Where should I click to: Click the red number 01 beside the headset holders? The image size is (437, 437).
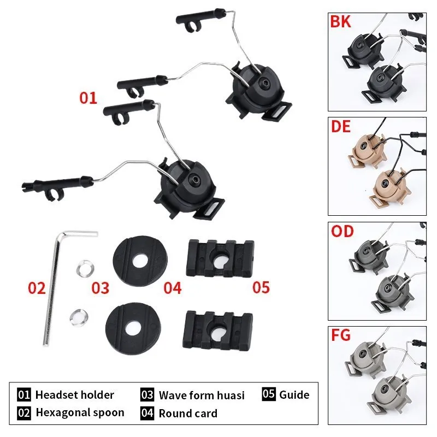click(x=88, y=98)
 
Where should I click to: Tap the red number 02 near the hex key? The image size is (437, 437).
click(x=37, y=288)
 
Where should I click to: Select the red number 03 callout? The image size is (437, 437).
click(x=101, y=288)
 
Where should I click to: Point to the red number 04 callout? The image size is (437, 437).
click(x=173, y=288)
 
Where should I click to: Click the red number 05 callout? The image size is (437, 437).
click(x=261, y=287)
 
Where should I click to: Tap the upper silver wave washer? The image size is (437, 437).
click(x=85, y=268)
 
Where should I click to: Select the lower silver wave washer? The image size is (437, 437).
click(x=79, y=317)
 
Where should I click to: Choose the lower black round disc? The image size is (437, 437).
click(x=133, y=328)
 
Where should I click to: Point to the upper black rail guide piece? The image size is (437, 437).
click(x=220, y=258)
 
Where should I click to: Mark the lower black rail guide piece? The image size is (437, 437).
click(x=217, y=330)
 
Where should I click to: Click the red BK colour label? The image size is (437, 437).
click(x=340, y=21)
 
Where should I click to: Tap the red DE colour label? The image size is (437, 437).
click(x=340, y=127)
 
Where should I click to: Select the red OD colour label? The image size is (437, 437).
click(x=342, y=231)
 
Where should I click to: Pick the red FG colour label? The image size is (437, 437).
click(x=340, y=335)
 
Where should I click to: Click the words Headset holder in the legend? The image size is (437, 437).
click(x=75, y=395)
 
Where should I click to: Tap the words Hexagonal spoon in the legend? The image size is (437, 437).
click(x=80, y=413)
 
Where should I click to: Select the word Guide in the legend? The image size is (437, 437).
click(x=294, y=395)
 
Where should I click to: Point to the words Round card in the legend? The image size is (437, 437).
click(x=188, y=414)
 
